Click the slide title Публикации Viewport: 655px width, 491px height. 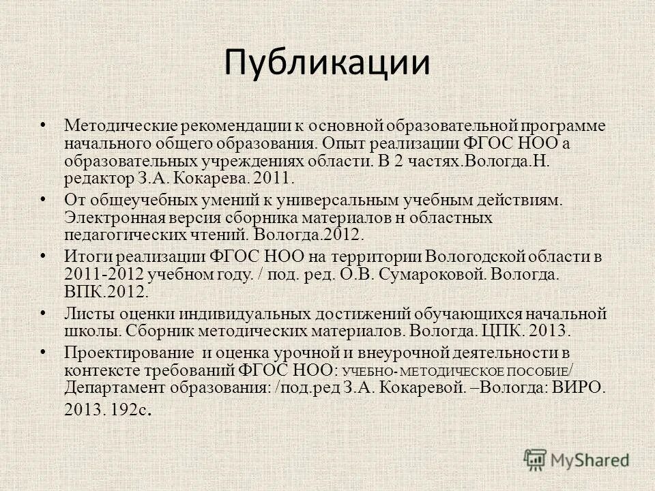coord(327,63)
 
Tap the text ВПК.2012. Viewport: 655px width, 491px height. coord(105,291)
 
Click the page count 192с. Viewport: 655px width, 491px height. coord(130,411)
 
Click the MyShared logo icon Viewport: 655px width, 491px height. coord(535,459)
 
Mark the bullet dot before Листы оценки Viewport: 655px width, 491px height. coord(43,311)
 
